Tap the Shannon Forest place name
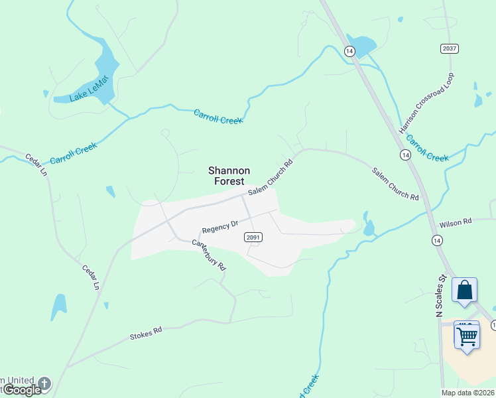tap(229, 176)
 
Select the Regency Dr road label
tap(220, 226)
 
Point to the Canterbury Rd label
tap(210, 254)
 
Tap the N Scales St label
tap(440, 296)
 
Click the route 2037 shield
tap(450, 49)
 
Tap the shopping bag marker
tap(465, 290)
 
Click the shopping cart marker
tap(467, 334)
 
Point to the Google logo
tap(22, 390)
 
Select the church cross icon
tap(44, 383)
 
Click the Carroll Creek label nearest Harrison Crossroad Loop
tap(428, 149)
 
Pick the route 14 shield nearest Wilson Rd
tap(437, 240)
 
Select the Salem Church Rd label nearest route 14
tap(395, 184)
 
